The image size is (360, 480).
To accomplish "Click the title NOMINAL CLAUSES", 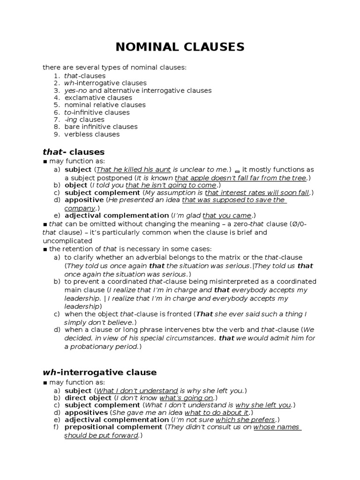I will (x=180, y=47).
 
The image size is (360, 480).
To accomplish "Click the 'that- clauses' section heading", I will (x=74, y=152).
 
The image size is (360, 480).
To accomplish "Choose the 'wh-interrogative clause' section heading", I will (x=99, y=372).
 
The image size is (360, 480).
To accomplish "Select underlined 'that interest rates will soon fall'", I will (x=257, y=193).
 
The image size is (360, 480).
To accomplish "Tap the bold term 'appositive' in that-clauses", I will (x=84, y=200).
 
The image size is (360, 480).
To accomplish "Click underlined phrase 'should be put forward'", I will (x=101, y=435).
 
